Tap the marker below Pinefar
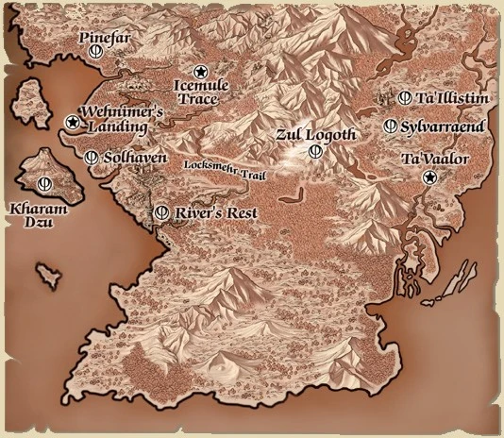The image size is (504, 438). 95,55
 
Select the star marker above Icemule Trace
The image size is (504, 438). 200,71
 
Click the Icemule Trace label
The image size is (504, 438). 202,92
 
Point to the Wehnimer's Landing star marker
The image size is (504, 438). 72,122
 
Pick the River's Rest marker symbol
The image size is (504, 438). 161,212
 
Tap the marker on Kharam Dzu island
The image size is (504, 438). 42,182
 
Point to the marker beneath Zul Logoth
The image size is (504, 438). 315,151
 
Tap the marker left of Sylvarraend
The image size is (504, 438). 390,126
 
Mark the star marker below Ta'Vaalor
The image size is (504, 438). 429,177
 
